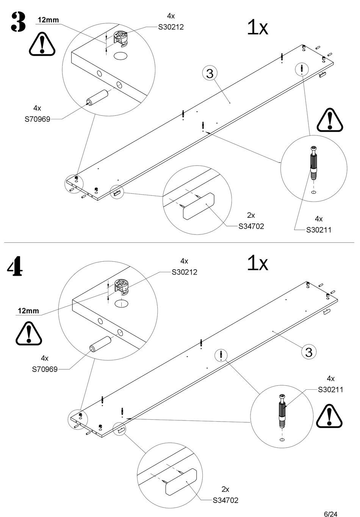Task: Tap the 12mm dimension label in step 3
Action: click(48, 20)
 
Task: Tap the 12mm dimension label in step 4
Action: click(28, 311)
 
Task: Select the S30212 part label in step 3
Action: click(171, 27)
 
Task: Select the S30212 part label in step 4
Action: click(184, 272)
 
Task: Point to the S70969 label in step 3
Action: click(38, 119)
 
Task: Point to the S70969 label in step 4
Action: click(45, 369)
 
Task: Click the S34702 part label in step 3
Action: click(251, 226)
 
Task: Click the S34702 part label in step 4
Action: click(225, 500)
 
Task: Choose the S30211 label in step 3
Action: click(319, 230)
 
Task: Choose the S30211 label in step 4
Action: click(330, 390)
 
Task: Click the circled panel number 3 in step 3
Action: click(210, 73)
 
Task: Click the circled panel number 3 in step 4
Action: click(309, 352)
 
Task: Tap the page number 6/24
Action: click(330, 514)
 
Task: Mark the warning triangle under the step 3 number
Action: click(42, 44)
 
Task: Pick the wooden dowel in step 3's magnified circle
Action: click(97, 98)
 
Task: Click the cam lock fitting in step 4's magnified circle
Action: click(122, 287)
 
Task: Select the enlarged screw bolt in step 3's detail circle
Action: click(313, 164)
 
